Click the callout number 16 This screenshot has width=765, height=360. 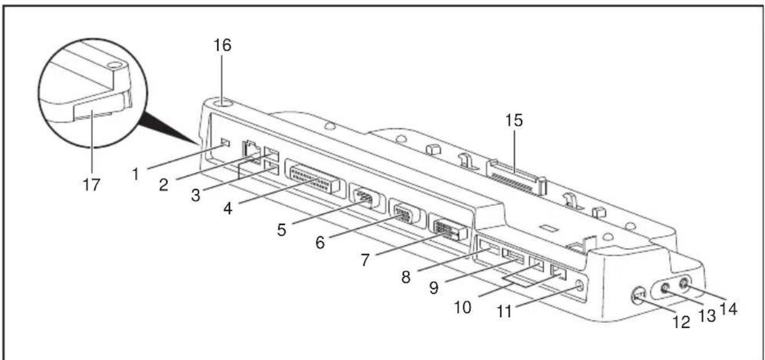pos(223,45)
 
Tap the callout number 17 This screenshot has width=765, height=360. pos(92,185)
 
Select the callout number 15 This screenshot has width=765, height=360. pos(514,121)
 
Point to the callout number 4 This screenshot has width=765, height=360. pos(228,208)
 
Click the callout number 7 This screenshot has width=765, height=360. pos(365,260)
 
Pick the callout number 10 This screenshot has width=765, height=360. pos(462,307)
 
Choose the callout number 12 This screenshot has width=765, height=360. pos(682,322)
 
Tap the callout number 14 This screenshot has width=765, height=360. pos(728,309)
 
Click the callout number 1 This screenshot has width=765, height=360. pos(136,174)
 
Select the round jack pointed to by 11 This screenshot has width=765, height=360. pos(579,285)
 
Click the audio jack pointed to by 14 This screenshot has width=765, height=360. pos(684,283)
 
